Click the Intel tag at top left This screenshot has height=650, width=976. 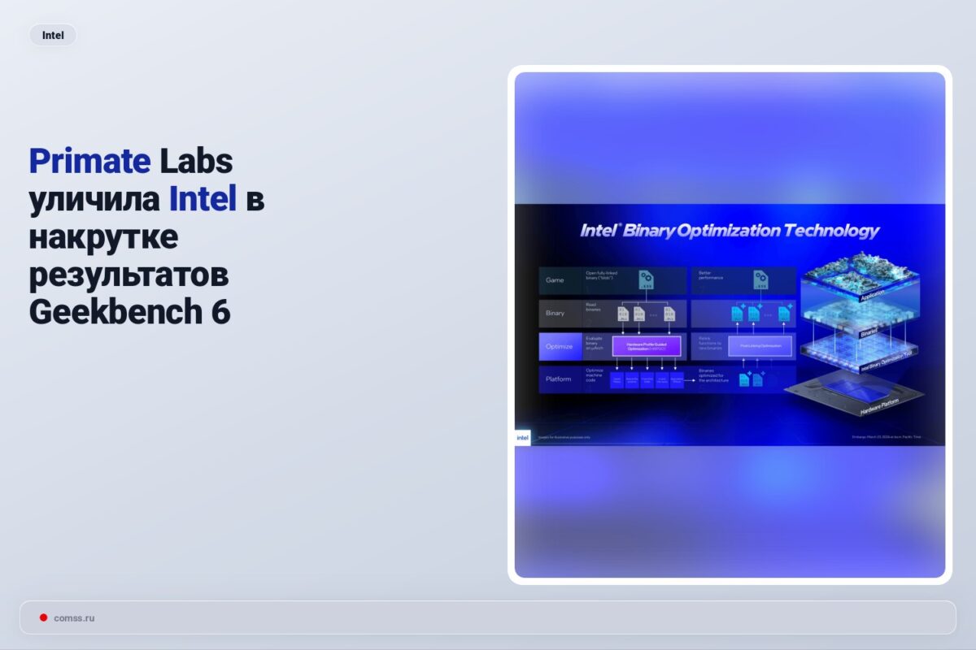[x=53, y=35]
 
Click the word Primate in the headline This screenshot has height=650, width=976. [x=89, y=162]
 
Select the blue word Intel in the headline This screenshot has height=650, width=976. [x=203, y=199]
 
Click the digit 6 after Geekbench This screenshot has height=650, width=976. [x=221, y=312]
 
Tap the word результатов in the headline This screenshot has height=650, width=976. [x=129, y=275]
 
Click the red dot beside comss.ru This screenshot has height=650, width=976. [x=43, y=617]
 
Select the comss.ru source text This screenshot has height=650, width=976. [x=74, y=618]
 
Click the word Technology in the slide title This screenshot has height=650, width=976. [x=830, y=231]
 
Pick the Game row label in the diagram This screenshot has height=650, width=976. [x=555, y=280]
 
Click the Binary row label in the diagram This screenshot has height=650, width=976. [x=555, y=313]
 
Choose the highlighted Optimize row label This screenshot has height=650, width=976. [x=559, y=346]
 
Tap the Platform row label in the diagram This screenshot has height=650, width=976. [x=558, y=379]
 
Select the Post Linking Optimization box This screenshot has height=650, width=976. [x=760, y=346]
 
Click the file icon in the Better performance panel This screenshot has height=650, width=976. [x=760, y=280]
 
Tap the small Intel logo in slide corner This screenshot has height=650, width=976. [x=522, y=438]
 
